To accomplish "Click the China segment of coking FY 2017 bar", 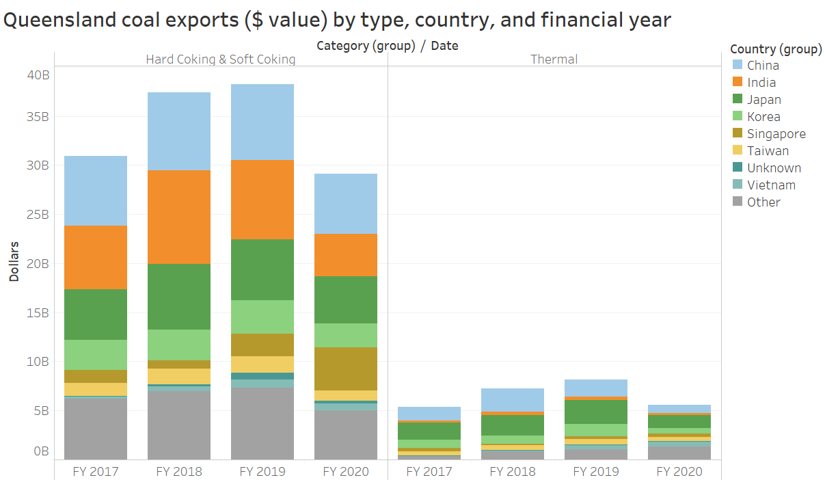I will click(x=95, y=191).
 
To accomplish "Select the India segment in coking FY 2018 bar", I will click(x=178, y=217).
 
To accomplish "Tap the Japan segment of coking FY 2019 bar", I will click(x=262, y=269).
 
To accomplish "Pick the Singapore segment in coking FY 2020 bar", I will click(x=345, y=369).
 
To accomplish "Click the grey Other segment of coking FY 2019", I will click(x=262, y=424).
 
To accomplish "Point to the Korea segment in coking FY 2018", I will click(x=178, y=345).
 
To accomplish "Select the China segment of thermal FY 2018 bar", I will click(x=512, y=400).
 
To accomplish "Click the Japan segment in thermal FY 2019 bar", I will click(x=595, y=412).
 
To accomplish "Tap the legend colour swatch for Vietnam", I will click(x=738, y=185).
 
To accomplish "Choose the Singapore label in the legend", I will click(x=776, y=134).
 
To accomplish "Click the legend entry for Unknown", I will click(x=774, y=168).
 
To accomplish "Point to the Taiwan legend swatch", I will click(x=738, y=150).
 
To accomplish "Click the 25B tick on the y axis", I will click(x=38, y=215).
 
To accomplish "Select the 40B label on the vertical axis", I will click(x=38, y=75).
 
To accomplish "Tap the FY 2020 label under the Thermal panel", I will click(x=679, y=472).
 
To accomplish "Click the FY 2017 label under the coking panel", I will click(x=95, y=472).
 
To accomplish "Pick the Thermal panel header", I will click(x=554, y=59).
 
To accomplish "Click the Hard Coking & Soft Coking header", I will click(x=220, y=59).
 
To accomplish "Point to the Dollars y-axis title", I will click(x=14, y=262).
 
